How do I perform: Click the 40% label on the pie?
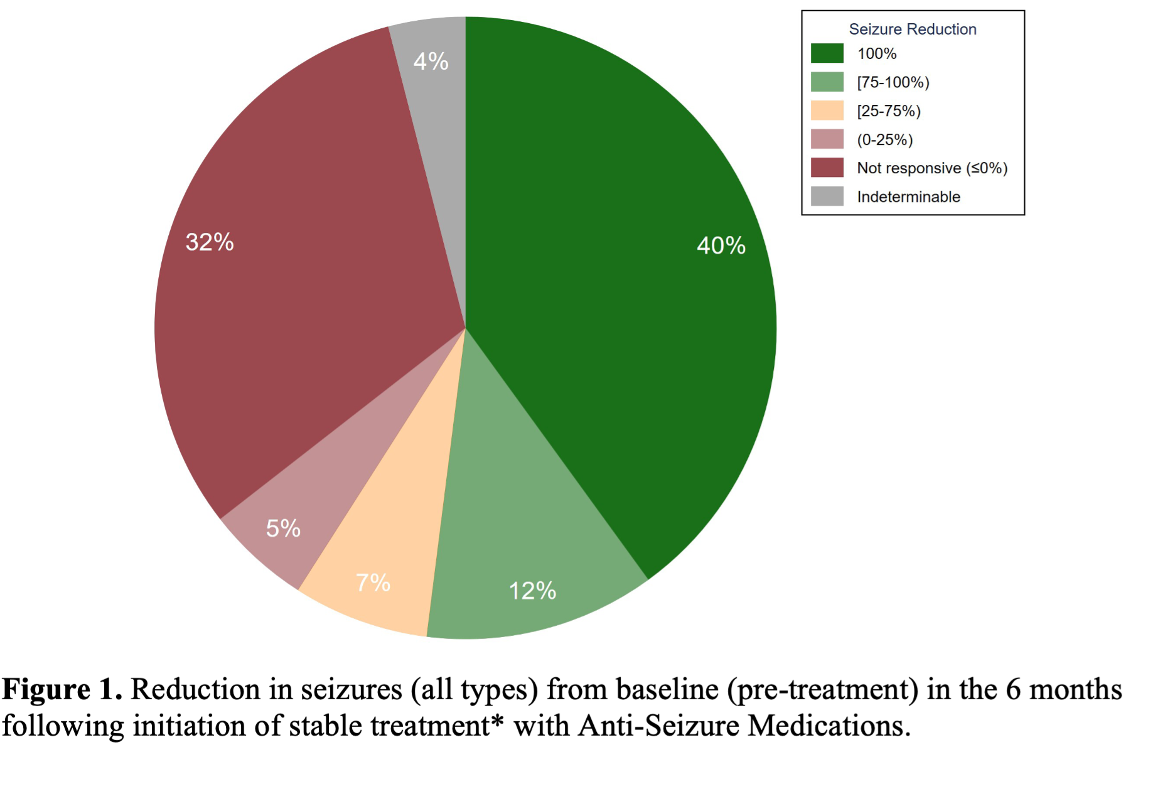[x=721, y=245]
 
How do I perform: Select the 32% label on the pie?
[x=210, y=242]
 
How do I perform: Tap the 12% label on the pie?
[x=532, y=591]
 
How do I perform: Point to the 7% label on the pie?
[x=373, y=583]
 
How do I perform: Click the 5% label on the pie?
[x=283, y=529]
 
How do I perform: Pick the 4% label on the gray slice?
[x=431, y=62]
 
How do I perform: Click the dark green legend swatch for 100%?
[x=827, y=53]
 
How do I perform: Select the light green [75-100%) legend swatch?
[x=827, y=82]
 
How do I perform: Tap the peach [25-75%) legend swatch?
[x=827, y=110]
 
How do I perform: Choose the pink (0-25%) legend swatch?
[x=827, y=139]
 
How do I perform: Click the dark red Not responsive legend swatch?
[x=827, y=168]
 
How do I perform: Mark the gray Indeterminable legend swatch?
[x=827, y=196]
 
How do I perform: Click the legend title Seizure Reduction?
[x=912, y=30]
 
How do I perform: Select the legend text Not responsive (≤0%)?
[x=932, y=168]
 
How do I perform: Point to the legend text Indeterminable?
[x=908, y=197]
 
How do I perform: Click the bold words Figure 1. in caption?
[x=62, y=690]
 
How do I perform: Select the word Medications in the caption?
[x=829, y=726]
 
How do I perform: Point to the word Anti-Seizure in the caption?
[x=658, y=726]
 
